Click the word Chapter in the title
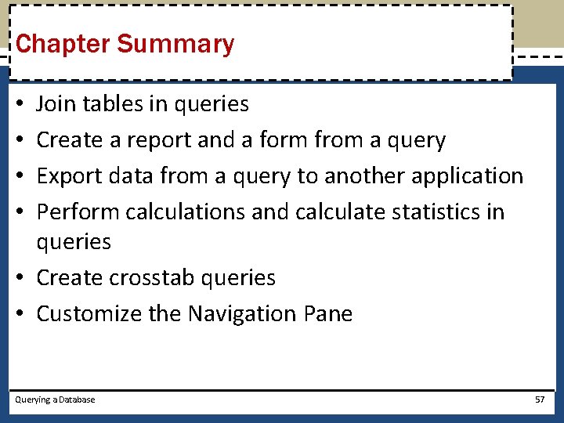pyautogui.click(x=63, y=45)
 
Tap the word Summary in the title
pyautogui.click(x=175, y=45)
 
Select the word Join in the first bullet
pyautogui.click(x=53, y=103)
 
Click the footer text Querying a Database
pyautogui.click(x=55, y=399)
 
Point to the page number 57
pyautogui.click(x=540, y=399)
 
